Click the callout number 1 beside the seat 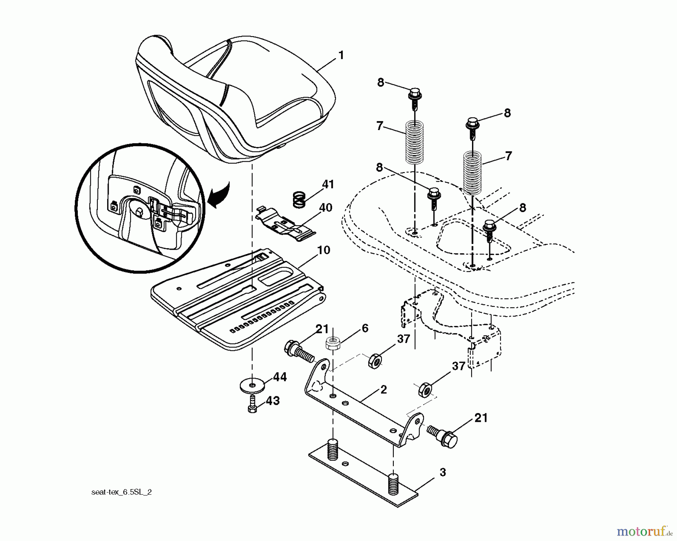point(341,56)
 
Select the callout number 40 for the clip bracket point(325,208)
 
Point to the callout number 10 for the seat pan point(323,250)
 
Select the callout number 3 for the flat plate point(442,472)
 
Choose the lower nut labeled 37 point(424,390)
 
